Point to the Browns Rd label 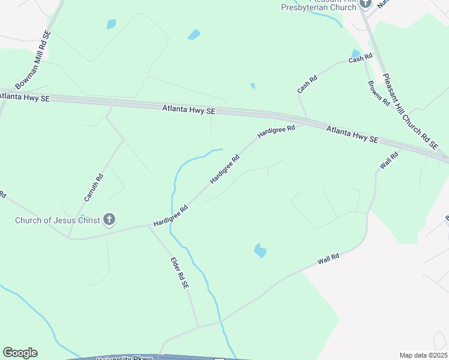coord(379,93)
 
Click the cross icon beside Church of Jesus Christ coord(109,220)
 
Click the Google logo coord(20,353)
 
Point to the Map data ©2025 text coord(423,355)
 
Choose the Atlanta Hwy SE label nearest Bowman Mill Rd coord(25,96)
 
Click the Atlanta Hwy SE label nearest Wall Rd coord(352,134)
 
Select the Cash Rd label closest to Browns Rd coord(360,58)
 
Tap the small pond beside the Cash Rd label coord(355,53)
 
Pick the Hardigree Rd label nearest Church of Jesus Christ coord(171,214)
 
